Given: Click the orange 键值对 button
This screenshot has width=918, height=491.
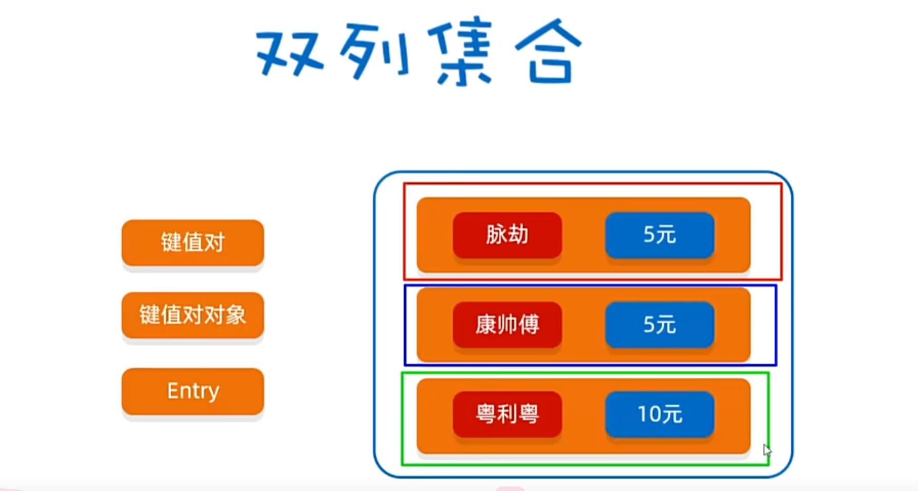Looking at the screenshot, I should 192,242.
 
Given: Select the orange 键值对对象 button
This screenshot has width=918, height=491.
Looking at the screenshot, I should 192,315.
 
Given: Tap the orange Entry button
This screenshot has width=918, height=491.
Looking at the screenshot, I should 192,391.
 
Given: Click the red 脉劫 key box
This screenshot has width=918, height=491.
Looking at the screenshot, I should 507,235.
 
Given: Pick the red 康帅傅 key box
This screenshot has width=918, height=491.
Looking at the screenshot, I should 507,325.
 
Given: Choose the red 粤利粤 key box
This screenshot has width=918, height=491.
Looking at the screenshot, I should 507,414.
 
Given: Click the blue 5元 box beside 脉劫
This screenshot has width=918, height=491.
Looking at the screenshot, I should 660,235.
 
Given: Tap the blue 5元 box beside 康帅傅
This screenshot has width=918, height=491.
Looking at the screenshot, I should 660,325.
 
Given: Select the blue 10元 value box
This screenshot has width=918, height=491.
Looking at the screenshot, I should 660,414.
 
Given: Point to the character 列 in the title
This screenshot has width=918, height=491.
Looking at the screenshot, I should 374,51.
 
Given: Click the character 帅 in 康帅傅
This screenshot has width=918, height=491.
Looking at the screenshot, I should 507,325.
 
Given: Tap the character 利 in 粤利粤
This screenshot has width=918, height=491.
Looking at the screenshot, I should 507,414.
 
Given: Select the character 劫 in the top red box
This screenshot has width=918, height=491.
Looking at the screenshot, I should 518,235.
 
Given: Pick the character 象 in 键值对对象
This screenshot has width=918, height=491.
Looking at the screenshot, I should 235,315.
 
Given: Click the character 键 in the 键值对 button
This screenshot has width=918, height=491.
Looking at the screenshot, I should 171,242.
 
